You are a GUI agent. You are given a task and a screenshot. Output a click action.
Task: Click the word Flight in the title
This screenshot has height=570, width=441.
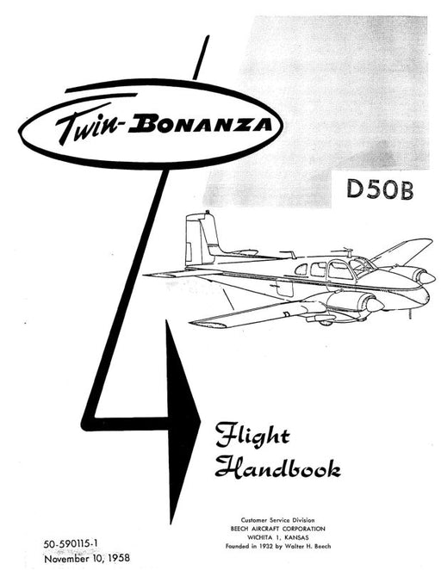click(252, 435)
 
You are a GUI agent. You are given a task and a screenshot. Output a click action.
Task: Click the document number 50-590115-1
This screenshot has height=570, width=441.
click(71, 544)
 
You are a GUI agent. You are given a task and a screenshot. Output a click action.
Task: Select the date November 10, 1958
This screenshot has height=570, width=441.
click(86, 558)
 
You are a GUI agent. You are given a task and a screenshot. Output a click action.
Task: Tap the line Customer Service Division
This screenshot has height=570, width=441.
click(277, 520)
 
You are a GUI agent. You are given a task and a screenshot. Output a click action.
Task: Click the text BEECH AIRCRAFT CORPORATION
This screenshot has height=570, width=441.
click(277, 529)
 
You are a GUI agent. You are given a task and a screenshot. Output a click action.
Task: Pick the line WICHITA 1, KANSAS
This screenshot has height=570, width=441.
click(277, 537)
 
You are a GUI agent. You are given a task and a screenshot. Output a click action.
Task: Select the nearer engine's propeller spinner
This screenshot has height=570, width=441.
click(375, 306)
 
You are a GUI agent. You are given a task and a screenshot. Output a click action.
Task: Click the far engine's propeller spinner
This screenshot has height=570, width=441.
click(427, 278)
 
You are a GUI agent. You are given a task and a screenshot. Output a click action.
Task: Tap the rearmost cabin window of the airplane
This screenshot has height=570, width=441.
click(301, 270)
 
